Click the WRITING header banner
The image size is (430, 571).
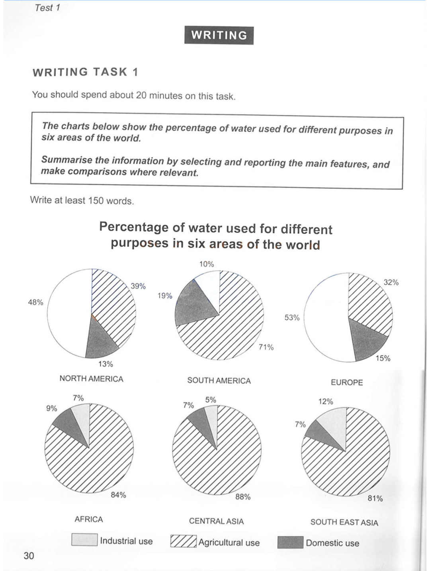(x=219, y=35)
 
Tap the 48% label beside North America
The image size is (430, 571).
(x=35, y=302)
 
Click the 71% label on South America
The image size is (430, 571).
(x=266, y=347)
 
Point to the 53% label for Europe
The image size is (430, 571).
(x=292, y=317)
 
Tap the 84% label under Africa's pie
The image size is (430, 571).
(x=118, y=495)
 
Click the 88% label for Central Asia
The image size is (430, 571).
(x=243, y=497)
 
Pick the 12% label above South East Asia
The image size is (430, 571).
(x=326, y=402)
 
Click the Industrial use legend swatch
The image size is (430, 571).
(x=84, y=540)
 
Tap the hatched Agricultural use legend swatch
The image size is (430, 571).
(x=183, y=541)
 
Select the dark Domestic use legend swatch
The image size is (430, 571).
(x=290, y=543)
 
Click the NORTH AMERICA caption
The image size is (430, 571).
(x=91, y=378)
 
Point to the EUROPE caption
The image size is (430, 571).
(x=347, y=382)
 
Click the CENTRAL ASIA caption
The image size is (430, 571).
(x=216, y=521)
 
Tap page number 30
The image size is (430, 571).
(x=29, y=555)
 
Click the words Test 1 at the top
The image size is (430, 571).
(x=47, y=8)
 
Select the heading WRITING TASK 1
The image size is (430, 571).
(x=85, y=72)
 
